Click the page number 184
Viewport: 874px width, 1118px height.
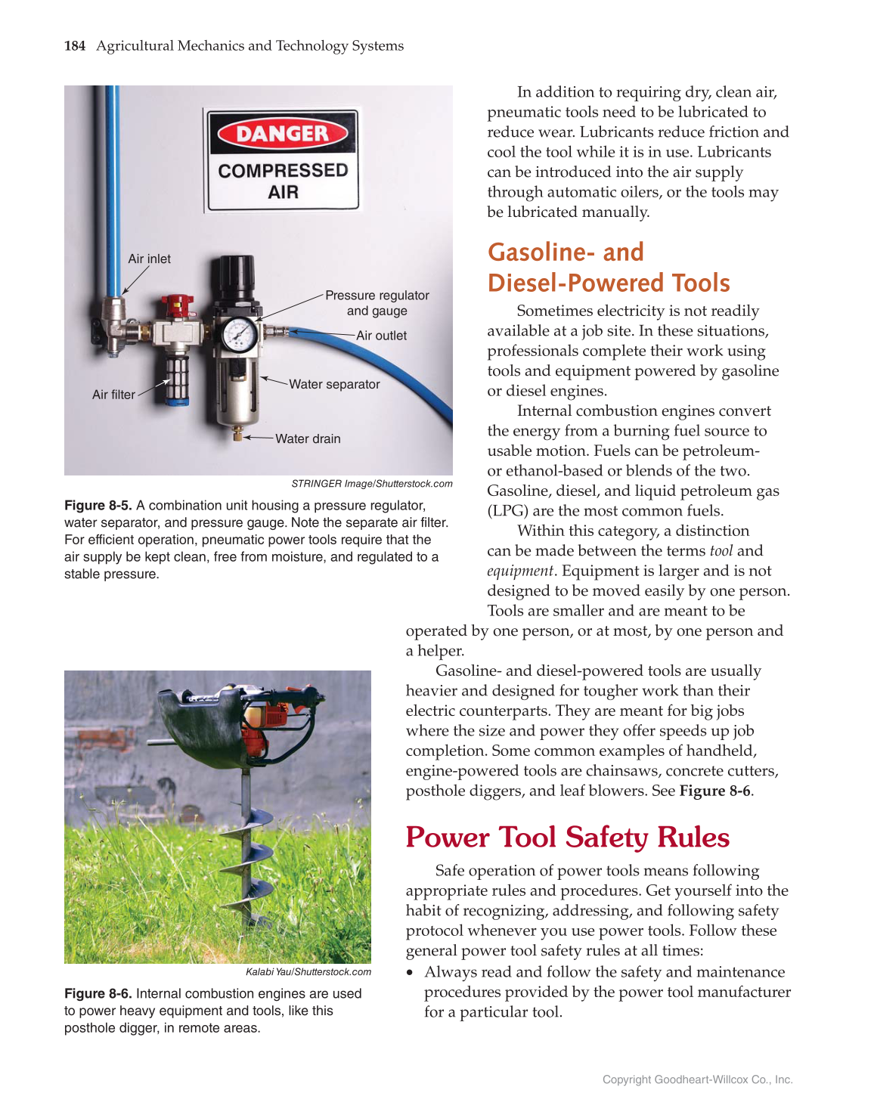point(74,46)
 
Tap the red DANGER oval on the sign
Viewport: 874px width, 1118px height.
point(283,134)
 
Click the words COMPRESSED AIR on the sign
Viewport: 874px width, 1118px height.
point(283,181)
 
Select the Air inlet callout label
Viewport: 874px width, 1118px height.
point(149,259)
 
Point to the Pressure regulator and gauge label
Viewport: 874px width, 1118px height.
point(377,303)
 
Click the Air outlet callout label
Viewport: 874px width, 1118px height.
point(381,336)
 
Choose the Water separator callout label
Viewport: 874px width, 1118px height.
point(334,384)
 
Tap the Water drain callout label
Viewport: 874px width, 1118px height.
point(308,438)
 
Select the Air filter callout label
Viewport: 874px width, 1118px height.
point(113,395)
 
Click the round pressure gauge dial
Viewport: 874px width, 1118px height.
point(239,334)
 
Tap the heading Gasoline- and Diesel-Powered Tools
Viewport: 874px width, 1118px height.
point(608,268)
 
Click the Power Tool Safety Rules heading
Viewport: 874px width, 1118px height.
point(567,838)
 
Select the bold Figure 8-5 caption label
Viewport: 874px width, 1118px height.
point(98,506)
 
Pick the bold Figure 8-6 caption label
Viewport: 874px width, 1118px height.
point(98,994)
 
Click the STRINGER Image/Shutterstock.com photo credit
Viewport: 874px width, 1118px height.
point(371,484)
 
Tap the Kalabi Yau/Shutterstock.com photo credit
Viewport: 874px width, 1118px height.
point(308,972)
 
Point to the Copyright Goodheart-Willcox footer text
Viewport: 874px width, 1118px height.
point(697,1079)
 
